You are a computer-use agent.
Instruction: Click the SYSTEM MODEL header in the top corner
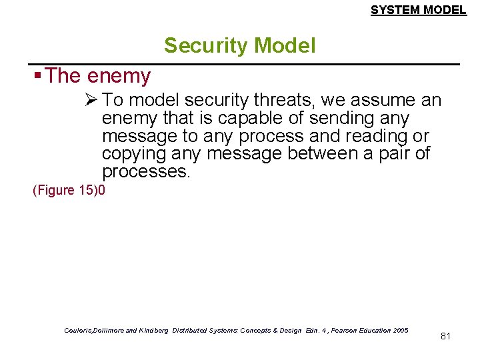pyautogui.click(x=418, y=9)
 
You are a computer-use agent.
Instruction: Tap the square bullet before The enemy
pyautogui.click(x=39, y=76)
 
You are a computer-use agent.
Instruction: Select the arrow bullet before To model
pyautogui.click(x=92, y=101)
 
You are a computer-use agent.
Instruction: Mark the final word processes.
pyautogui.click(x=146, y=173)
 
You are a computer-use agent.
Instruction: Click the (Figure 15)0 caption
pyautogui.click(x=69, y=191)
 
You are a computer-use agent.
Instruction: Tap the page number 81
pyautogui.click(x=446, y=336)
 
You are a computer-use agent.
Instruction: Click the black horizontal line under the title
pyautogui.click(x=247, y=64)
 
